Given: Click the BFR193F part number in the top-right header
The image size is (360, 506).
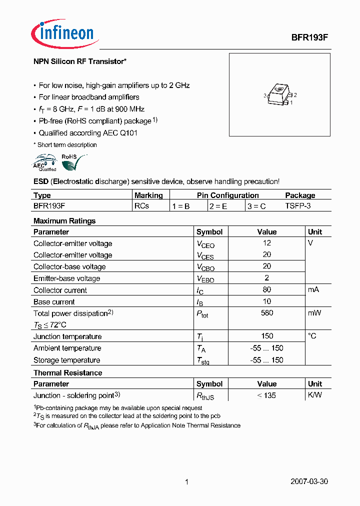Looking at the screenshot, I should pyautogui.click(x=309, y=37).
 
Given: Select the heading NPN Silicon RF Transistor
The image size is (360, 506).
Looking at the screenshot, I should pyautogui.click(x=79, y=61).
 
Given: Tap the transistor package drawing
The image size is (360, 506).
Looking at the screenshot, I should pyautogui.click(x=279, y=95).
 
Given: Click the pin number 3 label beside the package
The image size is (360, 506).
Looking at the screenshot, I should pyautogui.click(x=264, y=95).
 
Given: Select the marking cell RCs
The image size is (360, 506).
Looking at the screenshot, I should pyautogui.click(x=141, y=206).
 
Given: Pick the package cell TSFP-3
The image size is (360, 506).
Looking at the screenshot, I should pyautogui.click(x=298, y=206).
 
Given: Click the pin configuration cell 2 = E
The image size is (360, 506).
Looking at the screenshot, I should pyautogui.click(x=218, y=206).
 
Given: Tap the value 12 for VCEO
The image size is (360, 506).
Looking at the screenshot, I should pyautogui.click(x=266, y=243).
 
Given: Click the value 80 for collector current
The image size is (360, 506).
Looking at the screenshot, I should pyautogui.click(x=266, y=290).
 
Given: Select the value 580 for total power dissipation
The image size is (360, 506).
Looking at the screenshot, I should pyautogui.click(x=266, y=313).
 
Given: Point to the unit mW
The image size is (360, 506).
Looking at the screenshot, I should pyautogui.click(x=314, y=313).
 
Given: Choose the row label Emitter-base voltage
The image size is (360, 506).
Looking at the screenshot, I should pyautogui.click(x=66, y=278).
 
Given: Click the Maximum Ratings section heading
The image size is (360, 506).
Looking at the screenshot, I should pyautogui.click(x=64, y=221).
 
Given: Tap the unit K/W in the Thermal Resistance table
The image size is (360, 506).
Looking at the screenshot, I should pyautogui.click(x=315, y=395).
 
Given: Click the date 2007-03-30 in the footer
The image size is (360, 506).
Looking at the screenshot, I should pyautogui.click(x=309, y=482).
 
